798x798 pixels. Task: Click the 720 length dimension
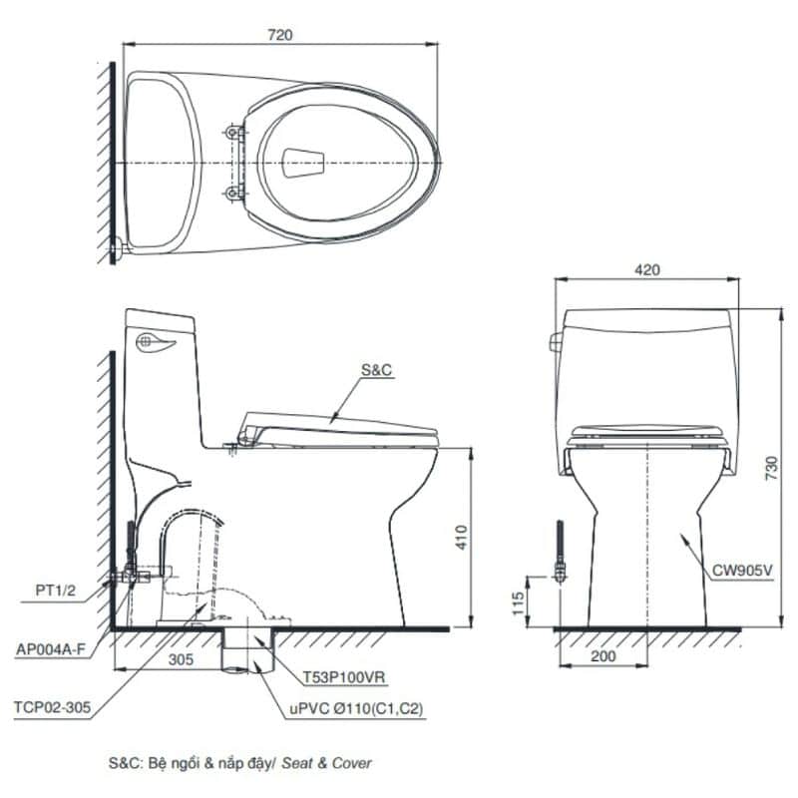(x=280, y=35)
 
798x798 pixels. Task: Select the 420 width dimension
(x=646, y=269)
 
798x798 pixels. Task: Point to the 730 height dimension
(x=771, y=468)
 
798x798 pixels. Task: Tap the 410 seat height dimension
(x=461, y=537)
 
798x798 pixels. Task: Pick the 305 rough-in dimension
(x=181, y=659)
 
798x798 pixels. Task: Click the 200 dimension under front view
(x=603, y=656)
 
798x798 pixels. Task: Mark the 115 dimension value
(x=518, y=602)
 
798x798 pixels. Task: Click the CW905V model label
(x=742, y=570)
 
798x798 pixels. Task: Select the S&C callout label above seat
(x=377, y=370)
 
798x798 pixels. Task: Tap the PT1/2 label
(x=56, y=591)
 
